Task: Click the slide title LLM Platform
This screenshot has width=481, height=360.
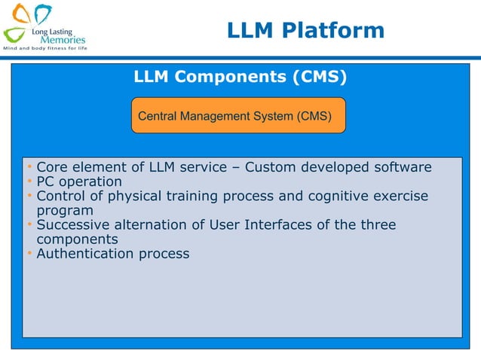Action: click(305, 30)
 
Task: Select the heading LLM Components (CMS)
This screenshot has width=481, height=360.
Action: click(240, 77)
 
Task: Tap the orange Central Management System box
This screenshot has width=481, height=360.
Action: click(239, 116)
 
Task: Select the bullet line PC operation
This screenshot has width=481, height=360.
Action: click(79, 182)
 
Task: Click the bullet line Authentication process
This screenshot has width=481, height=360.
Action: click(113, 254)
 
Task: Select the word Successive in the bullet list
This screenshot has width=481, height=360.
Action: click(72, 225)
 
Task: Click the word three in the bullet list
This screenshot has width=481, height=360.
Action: click(377, 225)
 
